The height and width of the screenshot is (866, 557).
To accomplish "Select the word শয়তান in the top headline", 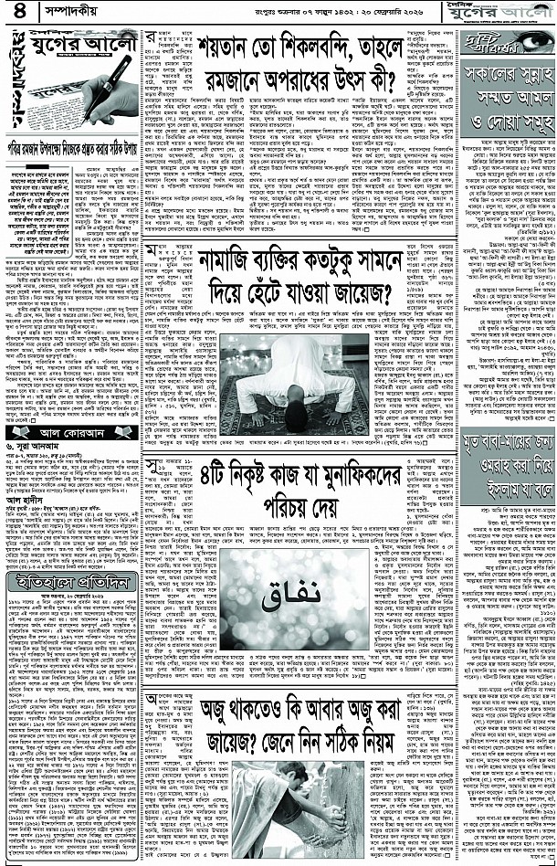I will tap(218, 43).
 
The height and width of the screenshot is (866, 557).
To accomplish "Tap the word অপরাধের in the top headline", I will tap(289, 72).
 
